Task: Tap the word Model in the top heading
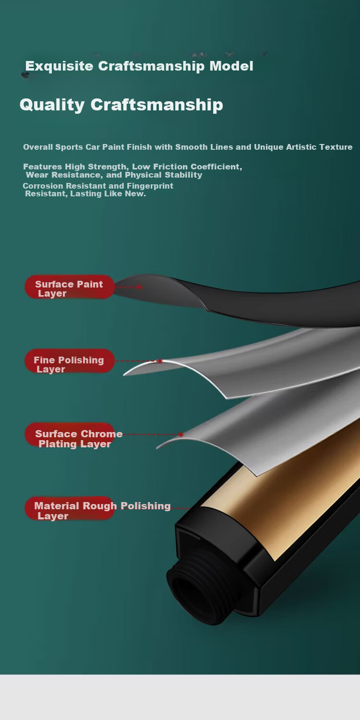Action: coord(231,66)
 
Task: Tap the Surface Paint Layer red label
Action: coord(70,287)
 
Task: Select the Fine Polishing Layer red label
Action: coord(70,361)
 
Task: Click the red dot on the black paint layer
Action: coord(139,287)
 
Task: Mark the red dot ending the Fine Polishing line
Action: coord(160,361)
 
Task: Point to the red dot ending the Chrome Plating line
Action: coord(181,434)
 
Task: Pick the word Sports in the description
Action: coord(69,147)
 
